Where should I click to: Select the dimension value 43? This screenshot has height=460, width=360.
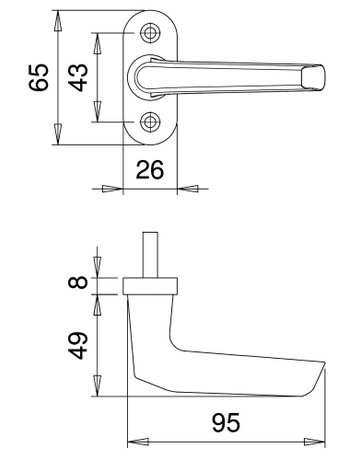pyautogui.click(x=81, y=77)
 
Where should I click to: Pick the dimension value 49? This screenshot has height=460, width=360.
pyautogui.click(x=80, y=345)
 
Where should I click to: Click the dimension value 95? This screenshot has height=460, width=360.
pyautogui.click(x=228, y=425)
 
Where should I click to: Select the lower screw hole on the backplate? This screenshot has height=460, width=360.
pyautogui.click(x=151, y=123)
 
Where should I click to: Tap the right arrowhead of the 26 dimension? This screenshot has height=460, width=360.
pyautogui.click(x=185, y=187)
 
